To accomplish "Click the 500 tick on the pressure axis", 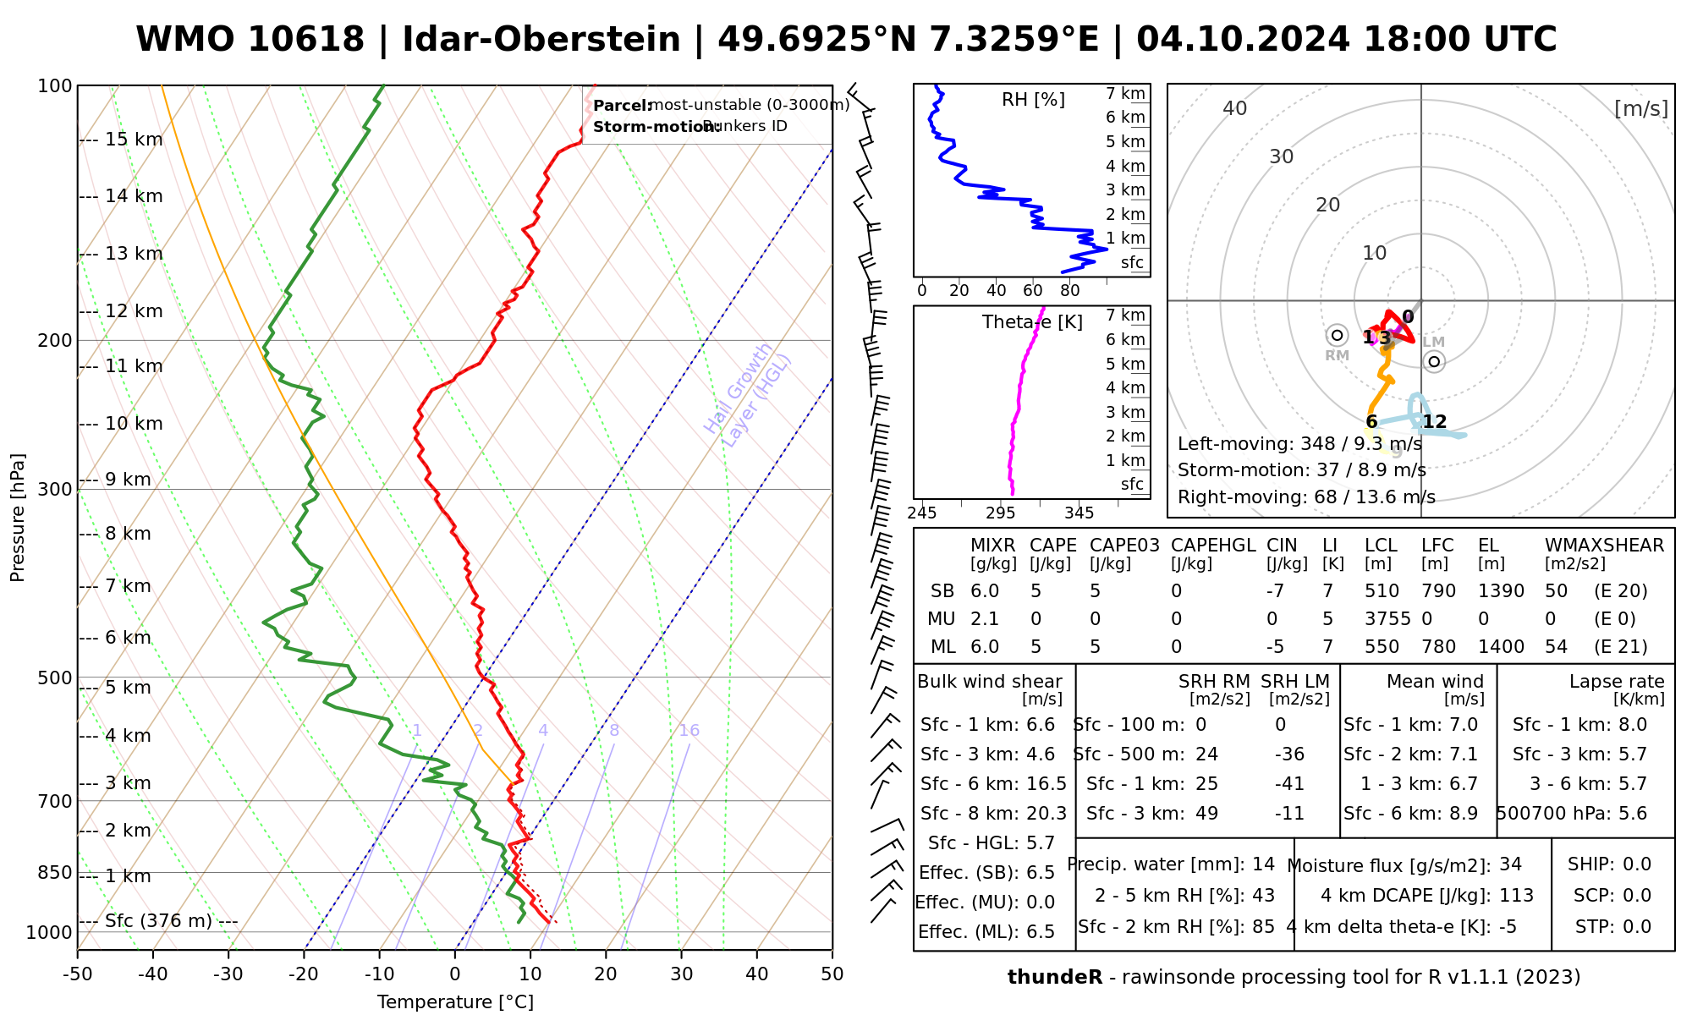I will [x=55, y=678].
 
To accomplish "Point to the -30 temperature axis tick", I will [x=228, y=974].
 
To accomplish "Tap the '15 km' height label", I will [x=134, y=140].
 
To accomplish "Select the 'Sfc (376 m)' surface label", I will [x=158, y=921].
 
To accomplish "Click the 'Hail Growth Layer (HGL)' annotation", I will [x=748, y=394].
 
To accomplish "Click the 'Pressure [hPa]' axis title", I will [x=18, y=518].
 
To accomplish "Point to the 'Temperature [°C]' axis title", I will [x=455, y=1002].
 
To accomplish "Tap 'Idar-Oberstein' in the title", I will [x=541, y=40].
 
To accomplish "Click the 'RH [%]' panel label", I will [x=1033, y=100].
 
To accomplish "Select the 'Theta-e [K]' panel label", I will [x=1032, y=322].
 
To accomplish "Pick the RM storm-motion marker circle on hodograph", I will [x=1337, y=335].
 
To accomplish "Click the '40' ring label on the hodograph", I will [x=1235, y=108].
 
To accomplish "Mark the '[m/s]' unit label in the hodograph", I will [x=1640, y=108].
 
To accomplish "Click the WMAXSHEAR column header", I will [x=1604, y=546].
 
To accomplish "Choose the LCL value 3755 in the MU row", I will [x=1387, y=619].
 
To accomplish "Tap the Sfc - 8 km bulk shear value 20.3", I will [x=1047, y=814].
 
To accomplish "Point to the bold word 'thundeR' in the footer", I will [x=1054, y=978].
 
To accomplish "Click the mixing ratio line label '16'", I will [x=689, y=731].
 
